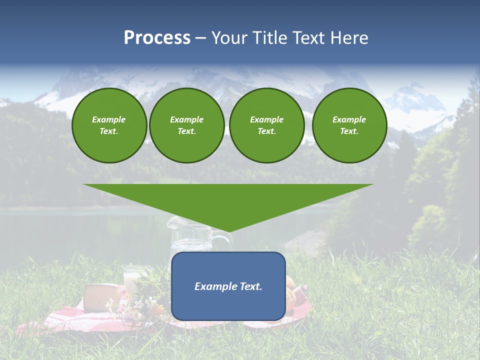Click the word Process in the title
pos(157,38)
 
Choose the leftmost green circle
pos(109,125)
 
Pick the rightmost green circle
pos(349,125)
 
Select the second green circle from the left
pos(187,125)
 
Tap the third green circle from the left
pos(267,125)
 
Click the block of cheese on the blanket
pos(101,298)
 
